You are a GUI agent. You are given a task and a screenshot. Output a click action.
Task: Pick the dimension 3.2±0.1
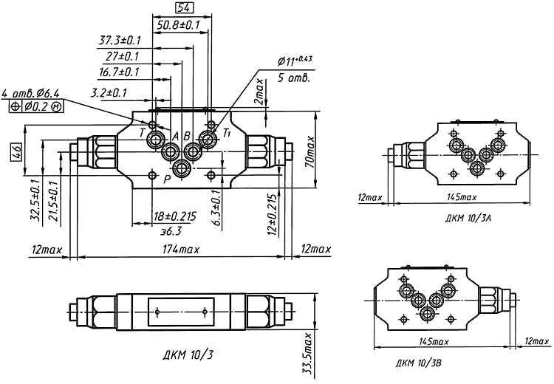coord(109,92)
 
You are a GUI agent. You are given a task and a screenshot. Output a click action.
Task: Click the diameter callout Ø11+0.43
coord(295,60)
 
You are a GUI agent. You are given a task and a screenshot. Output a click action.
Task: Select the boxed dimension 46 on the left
coord(15,153)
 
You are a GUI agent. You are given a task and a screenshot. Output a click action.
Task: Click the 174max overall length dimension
coord(180,250)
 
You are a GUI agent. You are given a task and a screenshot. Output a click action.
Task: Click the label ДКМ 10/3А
coord(468,219)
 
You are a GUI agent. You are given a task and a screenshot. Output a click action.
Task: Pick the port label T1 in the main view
coord(228,132)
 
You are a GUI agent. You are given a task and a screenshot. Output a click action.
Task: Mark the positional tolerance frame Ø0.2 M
coord(37,106)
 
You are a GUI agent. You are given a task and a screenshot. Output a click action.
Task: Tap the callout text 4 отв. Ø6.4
coord(30,93)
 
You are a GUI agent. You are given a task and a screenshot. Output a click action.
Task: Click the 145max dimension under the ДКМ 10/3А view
coord(462,197)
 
